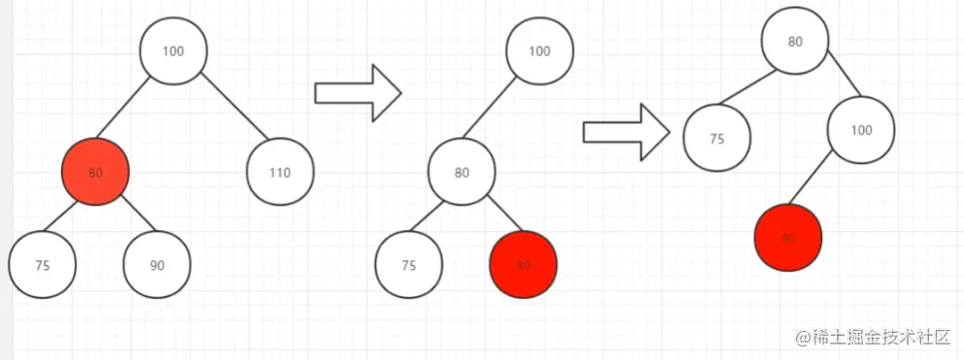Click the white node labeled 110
(280, 174)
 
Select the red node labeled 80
(95, 173)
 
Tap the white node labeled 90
(157, 265)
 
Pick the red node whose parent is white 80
(523, 265)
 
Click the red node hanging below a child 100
(788, 238)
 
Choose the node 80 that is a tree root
(794, 43)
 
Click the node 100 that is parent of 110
(174, 51)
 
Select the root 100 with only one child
(541, 51)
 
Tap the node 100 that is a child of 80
(860, 129)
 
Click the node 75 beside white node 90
(42, 265)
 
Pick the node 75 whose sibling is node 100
(716, 139)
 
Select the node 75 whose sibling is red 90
(409, 265)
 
